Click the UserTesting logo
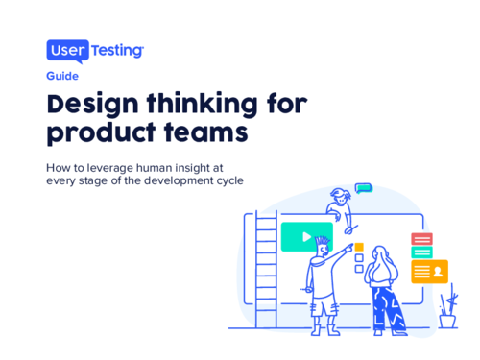(x=95, y=50)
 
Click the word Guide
(x=62, y=75)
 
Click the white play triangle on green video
(x=305, y=236)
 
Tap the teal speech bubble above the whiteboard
(x=363, y=189)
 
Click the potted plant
(x=446, y=312)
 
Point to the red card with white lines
(x=421, y=238)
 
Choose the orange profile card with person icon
(x=429, y=271)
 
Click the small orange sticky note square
(x=359, y=247)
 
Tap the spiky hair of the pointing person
(x=324, y=241)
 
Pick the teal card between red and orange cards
(x=421, y=252)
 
